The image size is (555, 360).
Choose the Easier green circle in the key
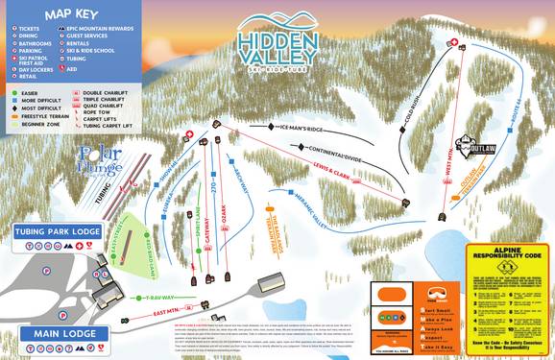click(11, 93)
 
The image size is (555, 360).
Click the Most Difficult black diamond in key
click(11, 109)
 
